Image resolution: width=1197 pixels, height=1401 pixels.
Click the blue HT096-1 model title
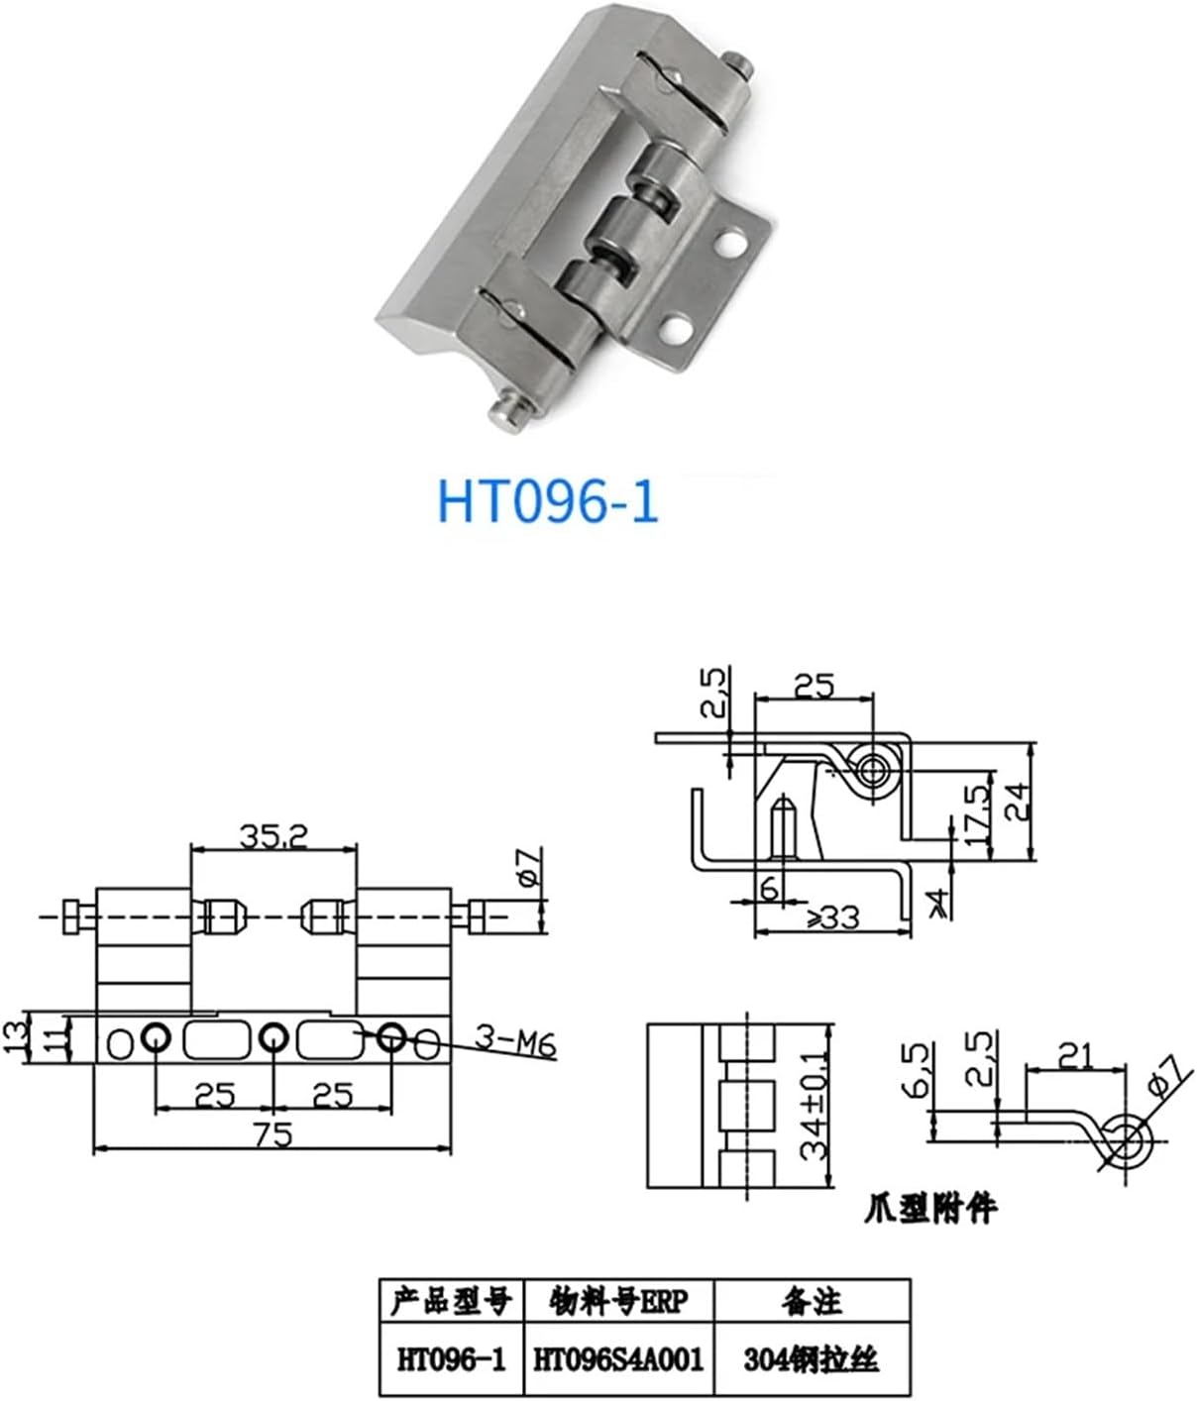[x=548, y=502]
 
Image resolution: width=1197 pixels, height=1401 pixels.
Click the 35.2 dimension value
[x=272, y=836]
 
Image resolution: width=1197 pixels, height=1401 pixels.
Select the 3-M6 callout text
[x=514, y=1043]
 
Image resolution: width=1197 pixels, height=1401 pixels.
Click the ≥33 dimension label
[x=831, y=917]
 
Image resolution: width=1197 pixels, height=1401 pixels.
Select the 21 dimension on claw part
[x=1076, y=1055]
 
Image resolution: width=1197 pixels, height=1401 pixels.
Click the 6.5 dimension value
[x=919, y=1070]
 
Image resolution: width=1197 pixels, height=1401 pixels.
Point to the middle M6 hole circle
[x=272, y=1037]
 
